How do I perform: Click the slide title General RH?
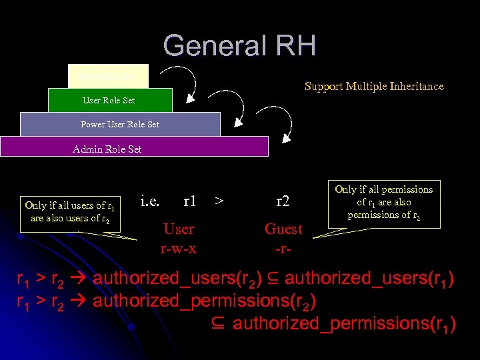(239, 46)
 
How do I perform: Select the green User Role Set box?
(110, 100)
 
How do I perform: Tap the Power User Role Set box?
(120, 124)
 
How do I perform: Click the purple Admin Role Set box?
(133, 147)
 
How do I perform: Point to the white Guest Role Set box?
(108, 76)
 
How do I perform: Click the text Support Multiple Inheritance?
(373, 86)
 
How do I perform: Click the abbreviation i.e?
(151, 199)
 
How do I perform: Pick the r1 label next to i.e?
(189, 199)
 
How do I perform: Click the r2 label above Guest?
(284, 199)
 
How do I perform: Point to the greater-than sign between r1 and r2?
(219, 199)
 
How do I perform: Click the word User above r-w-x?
(179, 229)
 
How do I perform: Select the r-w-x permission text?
(178, 249)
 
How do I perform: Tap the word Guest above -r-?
(283, 229)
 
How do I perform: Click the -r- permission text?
(283, 249)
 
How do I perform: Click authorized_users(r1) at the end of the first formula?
(370, 278)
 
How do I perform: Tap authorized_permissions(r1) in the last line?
(343, 324)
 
